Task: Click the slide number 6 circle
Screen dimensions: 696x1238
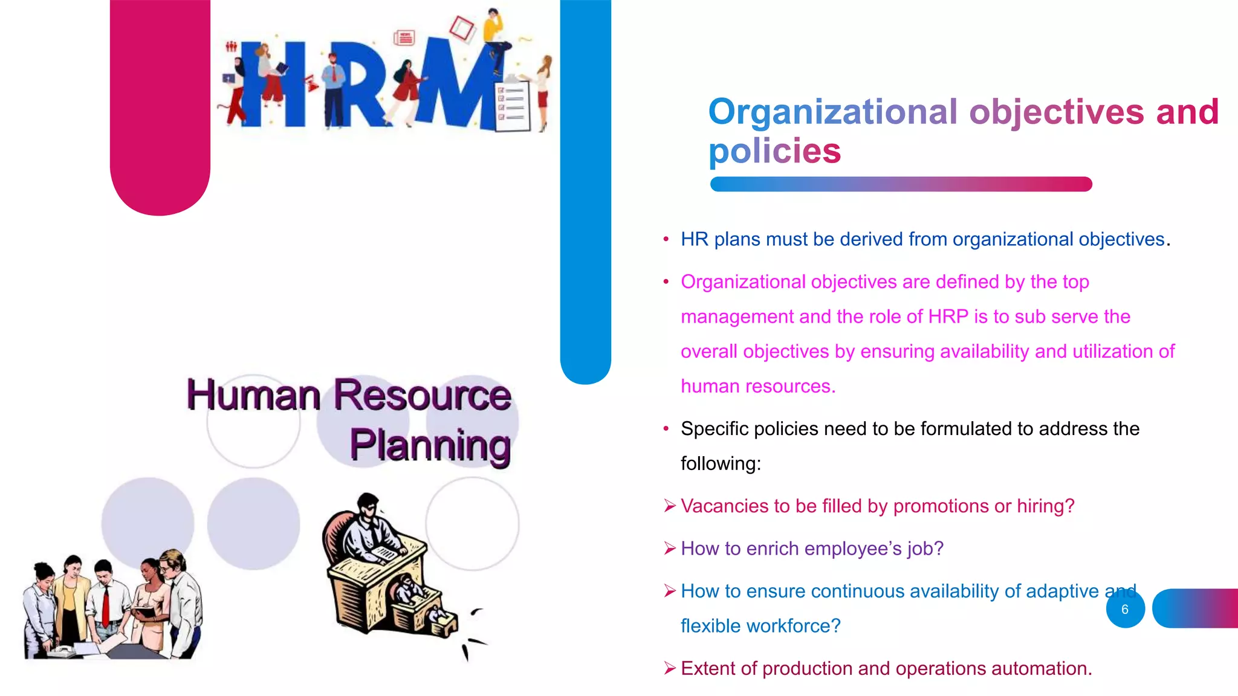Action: pyautogui.click(x=1125, y=609)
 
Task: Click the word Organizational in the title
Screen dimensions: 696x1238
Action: pyautogui.click(x=833, y=112)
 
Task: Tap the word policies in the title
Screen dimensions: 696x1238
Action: pyautogui.click(x=774, y=151)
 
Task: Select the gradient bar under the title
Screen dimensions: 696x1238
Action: pyautogui.click(x=901, y=184)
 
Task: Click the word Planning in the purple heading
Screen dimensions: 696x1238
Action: pyautogui.click(x=430, y=446)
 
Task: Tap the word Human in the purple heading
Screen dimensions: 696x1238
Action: pyautogui.click(x=253, y=395)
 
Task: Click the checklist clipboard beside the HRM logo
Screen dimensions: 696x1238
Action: pyautogui.click(x=513, y=106)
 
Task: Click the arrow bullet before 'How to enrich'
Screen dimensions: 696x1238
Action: pyautogui.click(x=669, y=549)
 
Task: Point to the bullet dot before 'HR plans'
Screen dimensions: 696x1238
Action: pyautogui.click(x=666, y=240)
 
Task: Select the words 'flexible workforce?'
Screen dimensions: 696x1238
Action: pyautogui.click(x=760, y=626)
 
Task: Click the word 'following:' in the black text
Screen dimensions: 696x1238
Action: pyautogui.click(x=721, y=464)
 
